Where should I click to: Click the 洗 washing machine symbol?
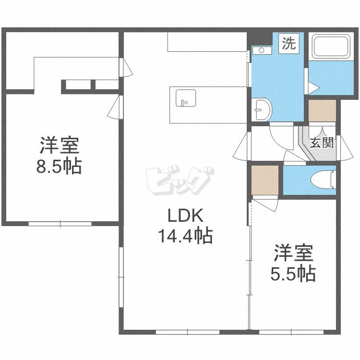pyautogui.click(x=288, y=45)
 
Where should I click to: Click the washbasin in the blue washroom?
pyautogui.click(x=262, y=109)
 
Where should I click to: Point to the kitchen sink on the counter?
pyautogui.click(x=185, y=98)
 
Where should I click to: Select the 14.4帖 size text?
pyautogui.click(x=185, y=236)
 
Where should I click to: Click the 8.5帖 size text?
pyautogui.click(x=59, y=166)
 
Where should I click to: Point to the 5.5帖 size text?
pyautogui.click(x=293, y=274)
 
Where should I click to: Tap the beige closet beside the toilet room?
pyautogui.click(x=265, y=180)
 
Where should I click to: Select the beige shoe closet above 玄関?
pyautogui.click(x=322, y=111)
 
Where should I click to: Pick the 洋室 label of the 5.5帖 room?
pyautogui.click(x=293, y=252)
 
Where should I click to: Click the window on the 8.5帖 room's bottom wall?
pyautogui.click(x=60, y=224)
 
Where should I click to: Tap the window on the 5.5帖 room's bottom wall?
pyautogui.click(x=292, y=332)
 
